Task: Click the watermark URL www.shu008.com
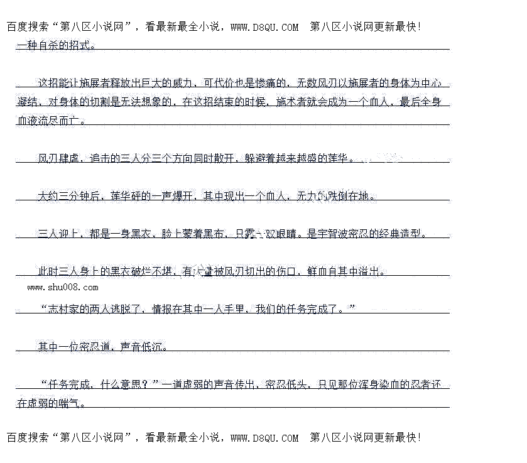tap(63, 287)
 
